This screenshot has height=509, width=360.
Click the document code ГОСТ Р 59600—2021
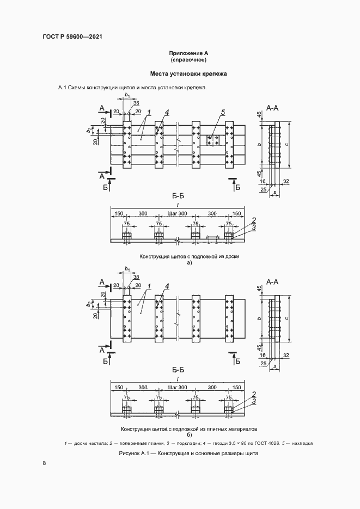72,37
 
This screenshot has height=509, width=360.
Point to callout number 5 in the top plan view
223,112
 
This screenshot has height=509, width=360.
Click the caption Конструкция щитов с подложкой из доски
190,256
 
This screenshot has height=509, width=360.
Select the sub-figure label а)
190,263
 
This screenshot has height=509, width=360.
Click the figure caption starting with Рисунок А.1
187,453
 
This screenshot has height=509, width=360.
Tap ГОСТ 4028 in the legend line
264,443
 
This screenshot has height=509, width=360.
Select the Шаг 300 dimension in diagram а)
178,213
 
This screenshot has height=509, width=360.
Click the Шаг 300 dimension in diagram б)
178,388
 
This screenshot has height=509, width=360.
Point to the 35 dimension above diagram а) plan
136,103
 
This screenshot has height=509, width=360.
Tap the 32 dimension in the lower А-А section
285,355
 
